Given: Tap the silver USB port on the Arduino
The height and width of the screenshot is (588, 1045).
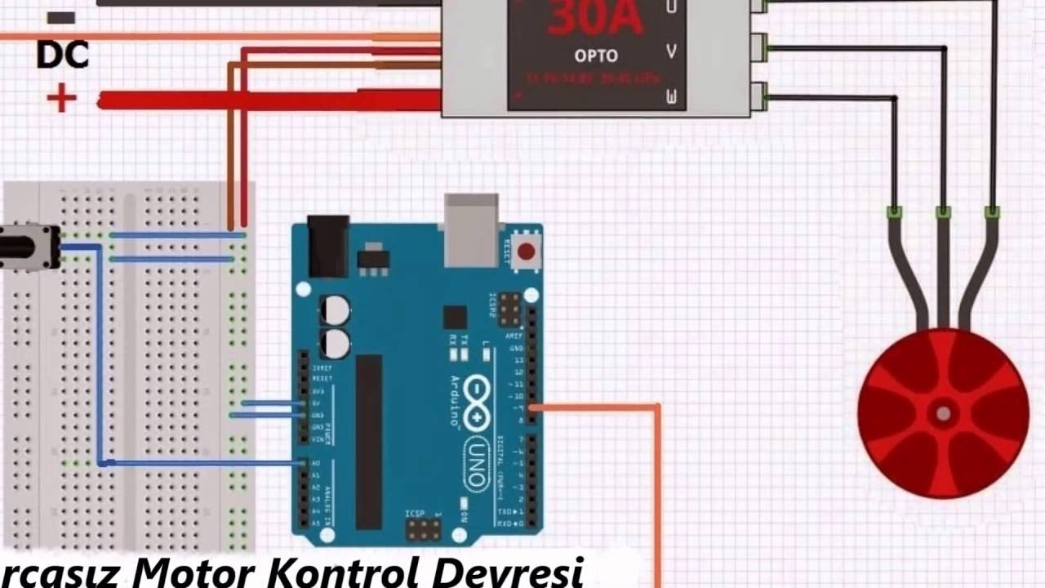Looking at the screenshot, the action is coord(471,230).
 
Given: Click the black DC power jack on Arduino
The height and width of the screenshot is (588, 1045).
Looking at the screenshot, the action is coord(328,245).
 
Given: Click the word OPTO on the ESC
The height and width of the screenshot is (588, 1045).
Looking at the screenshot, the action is coord(595,56).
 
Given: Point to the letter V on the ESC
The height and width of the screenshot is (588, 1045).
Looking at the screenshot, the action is coord(672,51).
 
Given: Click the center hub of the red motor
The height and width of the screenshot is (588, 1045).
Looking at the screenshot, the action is coord(943,412).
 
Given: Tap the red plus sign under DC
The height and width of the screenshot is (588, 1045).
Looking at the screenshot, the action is coord(61,100).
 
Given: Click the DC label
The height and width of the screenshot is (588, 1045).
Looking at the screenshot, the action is coord(62,55).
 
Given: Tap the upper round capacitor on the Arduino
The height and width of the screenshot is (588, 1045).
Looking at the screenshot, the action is coord(335,310).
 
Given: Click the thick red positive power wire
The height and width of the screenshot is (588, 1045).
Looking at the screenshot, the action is coord(269,100).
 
